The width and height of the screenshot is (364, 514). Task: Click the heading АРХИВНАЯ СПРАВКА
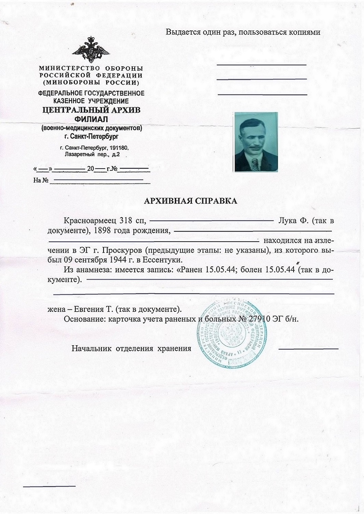point(190,201)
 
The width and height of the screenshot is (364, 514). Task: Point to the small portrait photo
point(256,142)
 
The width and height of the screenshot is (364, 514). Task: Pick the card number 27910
point(259,319)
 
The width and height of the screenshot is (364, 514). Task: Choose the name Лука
point(287,221)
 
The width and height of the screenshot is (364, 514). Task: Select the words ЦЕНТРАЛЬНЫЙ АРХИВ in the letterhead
point(91,110)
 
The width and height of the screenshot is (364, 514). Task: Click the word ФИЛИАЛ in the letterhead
point(91,119)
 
